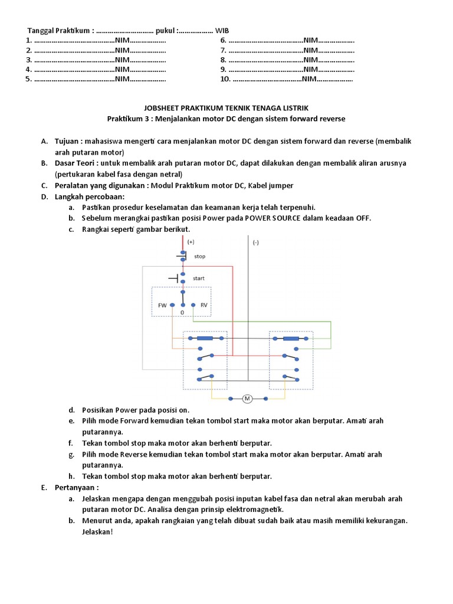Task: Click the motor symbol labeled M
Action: [248, 399]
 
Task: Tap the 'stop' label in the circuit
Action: [200, 257]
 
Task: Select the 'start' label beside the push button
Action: [199, 278]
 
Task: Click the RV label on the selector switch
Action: [204, 305]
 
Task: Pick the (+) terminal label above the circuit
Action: [191, 242]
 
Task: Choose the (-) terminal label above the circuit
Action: [256, 242]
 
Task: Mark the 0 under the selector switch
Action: [182, 312]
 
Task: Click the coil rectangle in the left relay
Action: [205, 339]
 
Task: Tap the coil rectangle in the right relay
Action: [291, 339]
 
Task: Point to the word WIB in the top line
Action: [222, 31]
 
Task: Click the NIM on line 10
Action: [310, 78]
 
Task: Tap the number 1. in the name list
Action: [28, 40]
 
